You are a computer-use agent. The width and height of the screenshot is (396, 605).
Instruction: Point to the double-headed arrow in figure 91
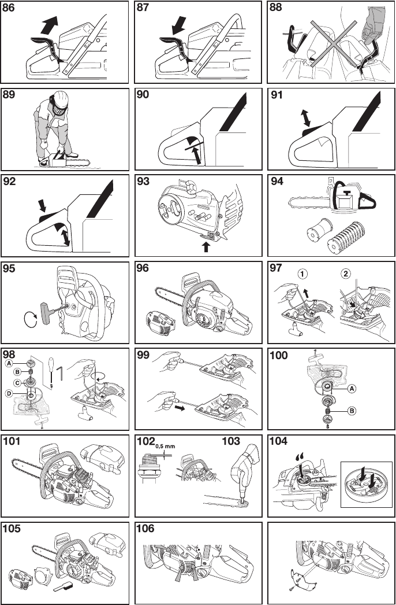pos(306,119)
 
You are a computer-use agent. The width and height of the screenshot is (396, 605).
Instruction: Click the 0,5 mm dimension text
pos(166,446)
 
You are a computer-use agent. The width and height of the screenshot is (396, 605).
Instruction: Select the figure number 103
pos(231,441)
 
